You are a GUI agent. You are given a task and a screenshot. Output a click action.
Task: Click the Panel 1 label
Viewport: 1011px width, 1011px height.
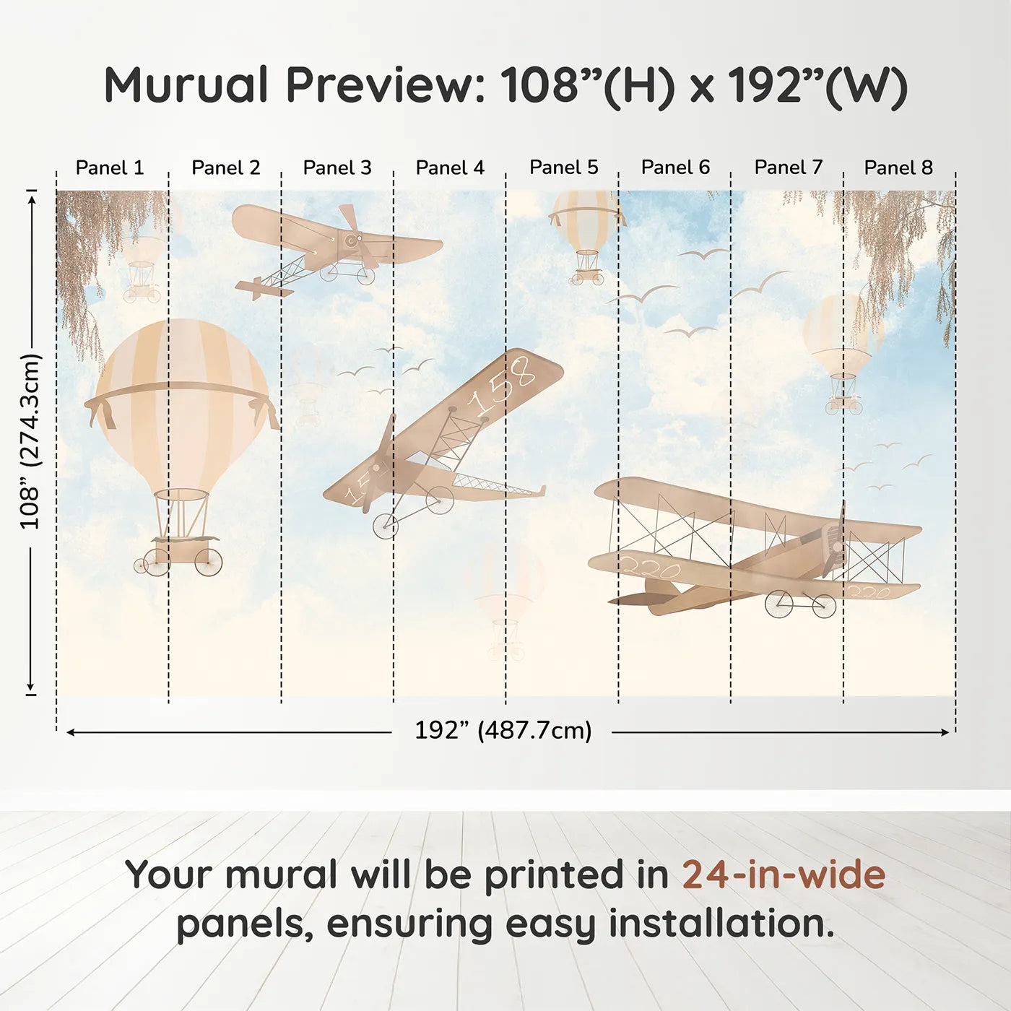110,168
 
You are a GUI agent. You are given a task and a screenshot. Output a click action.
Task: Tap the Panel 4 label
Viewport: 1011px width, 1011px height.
450,168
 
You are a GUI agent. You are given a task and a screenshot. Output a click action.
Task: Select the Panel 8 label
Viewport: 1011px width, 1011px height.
898,168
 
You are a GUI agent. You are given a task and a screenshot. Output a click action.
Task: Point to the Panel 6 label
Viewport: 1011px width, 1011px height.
675,168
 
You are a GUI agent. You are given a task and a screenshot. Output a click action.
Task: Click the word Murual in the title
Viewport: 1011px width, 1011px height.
186,85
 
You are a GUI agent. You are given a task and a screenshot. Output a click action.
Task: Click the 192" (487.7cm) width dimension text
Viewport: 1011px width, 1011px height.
503,730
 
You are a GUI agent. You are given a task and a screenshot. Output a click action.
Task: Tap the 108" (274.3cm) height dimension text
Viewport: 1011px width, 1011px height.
30,441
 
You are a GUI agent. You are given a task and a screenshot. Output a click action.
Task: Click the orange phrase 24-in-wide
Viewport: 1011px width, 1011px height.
784,875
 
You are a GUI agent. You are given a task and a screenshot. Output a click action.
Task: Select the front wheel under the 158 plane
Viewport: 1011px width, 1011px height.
385,526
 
